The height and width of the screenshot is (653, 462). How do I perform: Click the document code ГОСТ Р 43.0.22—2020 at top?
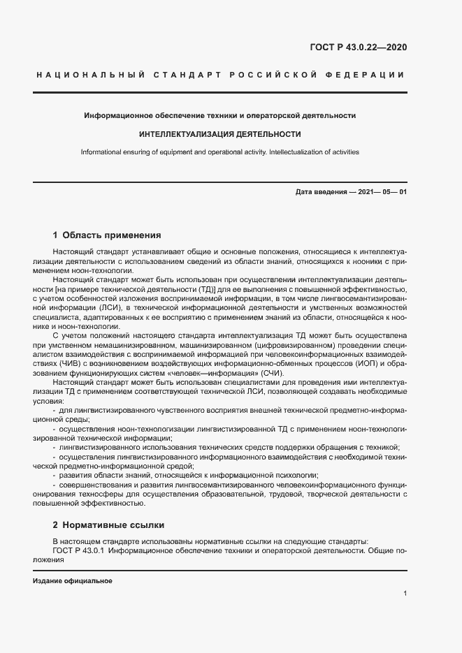pos(359,47)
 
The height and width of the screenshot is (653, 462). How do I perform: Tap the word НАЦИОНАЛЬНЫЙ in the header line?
pos(89,74)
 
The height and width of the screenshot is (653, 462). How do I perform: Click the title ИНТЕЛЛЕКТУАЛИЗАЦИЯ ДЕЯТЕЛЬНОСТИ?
pos(220,133)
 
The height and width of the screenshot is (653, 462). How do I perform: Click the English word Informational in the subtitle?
pos(102,152)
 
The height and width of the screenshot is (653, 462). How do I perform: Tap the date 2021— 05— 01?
pos(382,191)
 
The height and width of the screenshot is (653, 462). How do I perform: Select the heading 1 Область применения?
pos(107,235)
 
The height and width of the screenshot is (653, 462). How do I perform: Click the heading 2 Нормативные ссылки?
pos(108,524)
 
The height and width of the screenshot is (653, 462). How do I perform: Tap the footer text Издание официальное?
pos(72,581)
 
